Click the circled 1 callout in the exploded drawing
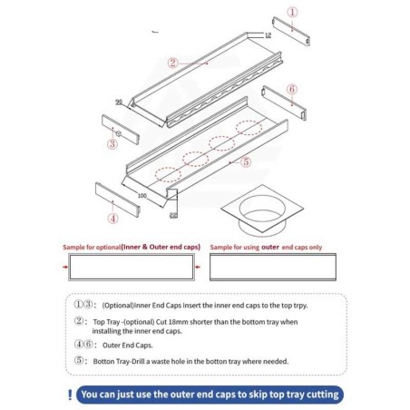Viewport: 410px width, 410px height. [291, 12]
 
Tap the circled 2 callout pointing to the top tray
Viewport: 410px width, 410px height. [171, 63]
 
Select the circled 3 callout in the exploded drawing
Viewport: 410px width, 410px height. [112, 143]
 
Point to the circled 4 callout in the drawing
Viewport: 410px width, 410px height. [112, 218]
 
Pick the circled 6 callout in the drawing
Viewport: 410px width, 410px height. [291, 89]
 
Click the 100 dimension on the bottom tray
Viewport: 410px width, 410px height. [142, 194]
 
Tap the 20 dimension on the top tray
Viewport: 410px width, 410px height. [119, 102]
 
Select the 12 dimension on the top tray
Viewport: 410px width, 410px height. [268, 35]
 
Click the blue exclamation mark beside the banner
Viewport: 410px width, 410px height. [71, 395]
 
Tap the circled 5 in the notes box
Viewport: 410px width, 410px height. [81, 361]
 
